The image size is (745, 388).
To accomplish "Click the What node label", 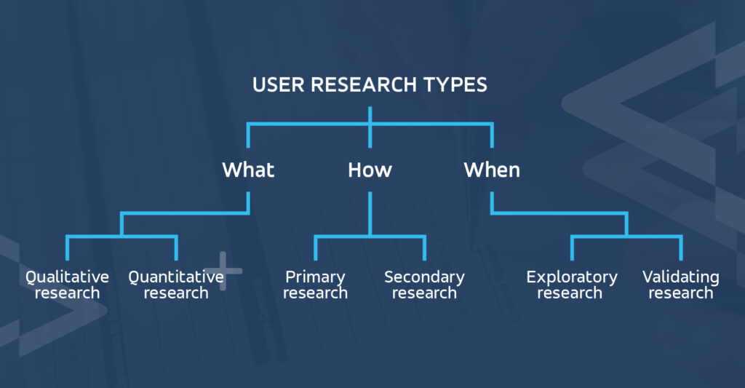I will click(x=248, y=170).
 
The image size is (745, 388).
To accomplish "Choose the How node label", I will click(x=370, y=170).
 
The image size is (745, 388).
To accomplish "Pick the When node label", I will click(x=492, y=170).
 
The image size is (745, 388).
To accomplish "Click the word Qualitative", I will click(x=67, y=277).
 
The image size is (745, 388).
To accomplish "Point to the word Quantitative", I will click(x=175, y=277).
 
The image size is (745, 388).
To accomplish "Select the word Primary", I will click(x=315, y=277).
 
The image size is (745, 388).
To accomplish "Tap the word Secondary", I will click(x=424, y=277).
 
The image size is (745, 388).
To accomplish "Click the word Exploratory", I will click(x=572, y=277).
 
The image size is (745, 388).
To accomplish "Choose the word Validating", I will click(x=681, y=277).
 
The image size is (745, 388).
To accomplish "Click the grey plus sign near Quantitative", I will click(x=223, y=271).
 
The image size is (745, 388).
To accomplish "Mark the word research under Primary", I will click(x=315, y=293).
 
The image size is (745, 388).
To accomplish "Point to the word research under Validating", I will click(x=681, y=293).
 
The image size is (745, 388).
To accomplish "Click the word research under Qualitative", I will click(x=67, y=293).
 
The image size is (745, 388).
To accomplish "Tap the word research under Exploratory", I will click(x=572, y=293).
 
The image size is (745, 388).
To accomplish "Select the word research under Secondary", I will click(x=424, y=293).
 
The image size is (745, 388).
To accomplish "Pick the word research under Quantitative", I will click(x=175, y=293).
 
